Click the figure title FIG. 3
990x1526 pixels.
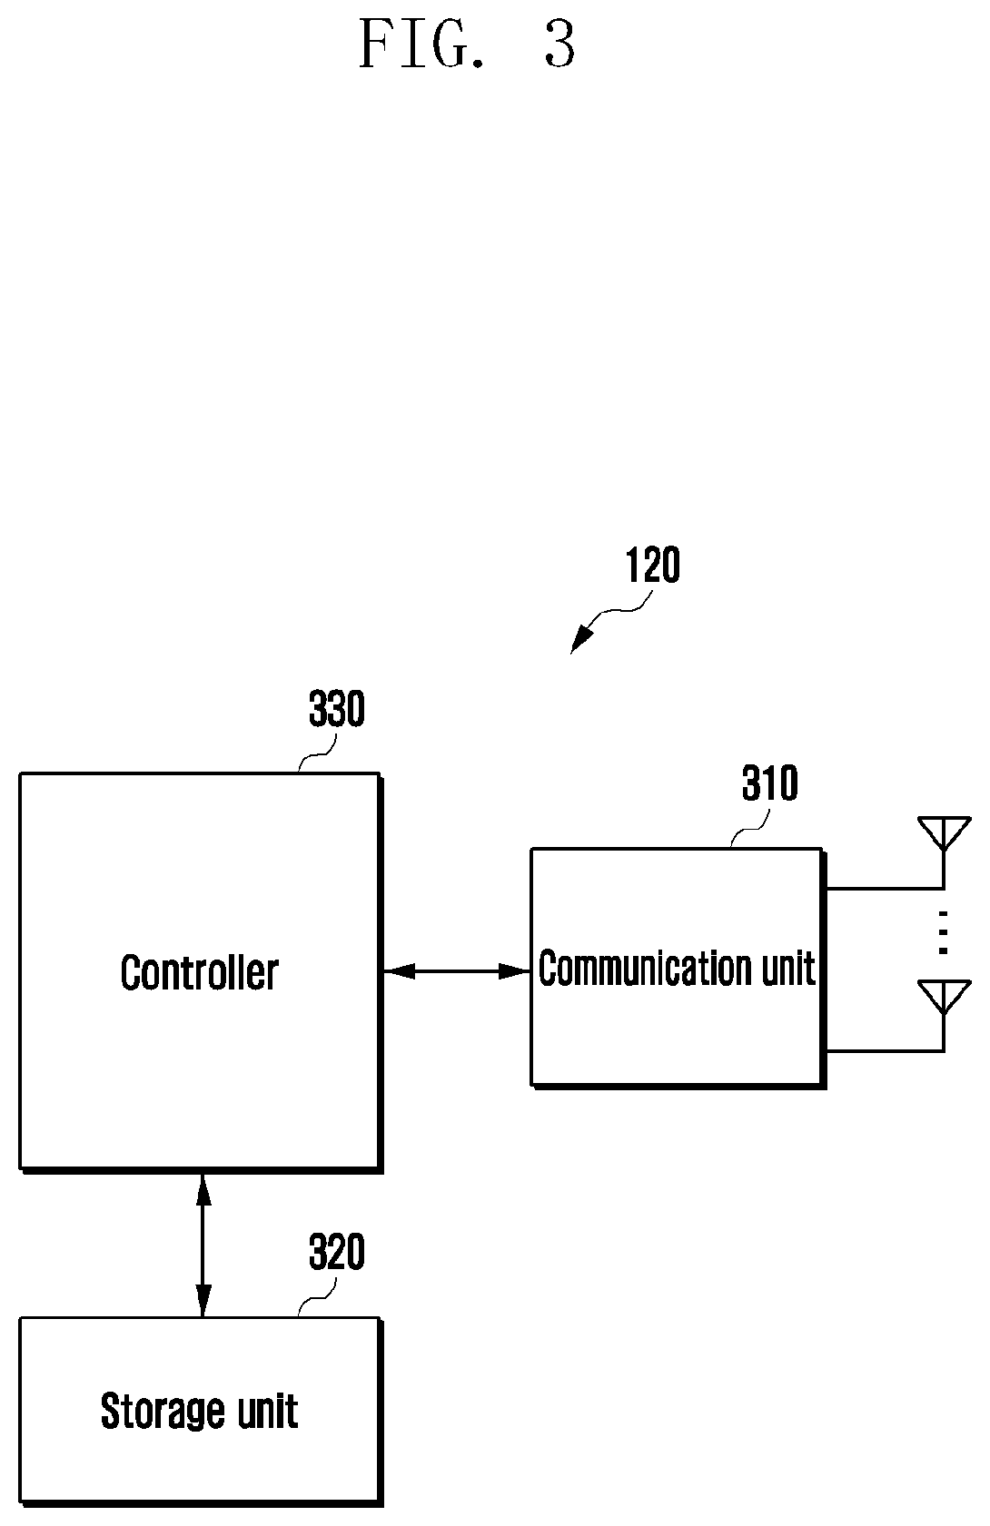[x=467, y=44]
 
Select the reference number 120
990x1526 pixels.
[x=652, y=565]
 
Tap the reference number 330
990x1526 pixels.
[x=337, y=708]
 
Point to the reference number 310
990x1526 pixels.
[x=770, y=783]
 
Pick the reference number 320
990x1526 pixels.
[x=337, y=1252]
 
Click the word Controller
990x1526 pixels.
[x=199, y=972]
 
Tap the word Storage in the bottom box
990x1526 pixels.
[x=163, y=1411]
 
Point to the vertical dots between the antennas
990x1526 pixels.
[x=943, y=932]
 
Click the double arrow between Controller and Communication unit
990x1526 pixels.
[x=457, y=971]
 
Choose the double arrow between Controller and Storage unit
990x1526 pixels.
[x=203, y=1245]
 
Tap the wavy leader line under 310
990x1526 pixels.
[x=750, y=829]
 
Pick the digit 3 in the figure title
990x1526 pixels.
[x=559, y=44]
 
